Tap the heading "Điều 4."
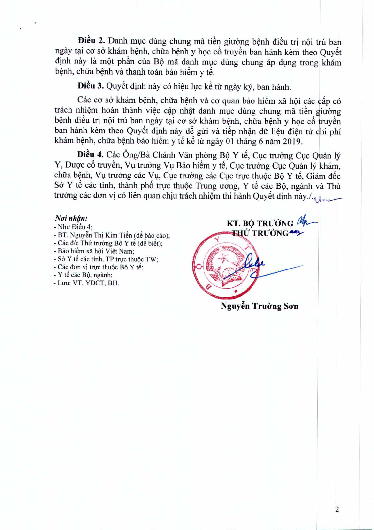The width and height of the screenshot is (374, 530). [90, 155]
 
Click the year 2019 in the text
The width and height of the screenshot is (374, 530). [292, 141]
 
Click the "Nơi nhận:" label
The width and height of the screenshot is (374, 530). [71, 218]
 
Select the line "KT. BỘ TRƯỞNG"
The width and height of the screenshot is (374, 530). [260, 223]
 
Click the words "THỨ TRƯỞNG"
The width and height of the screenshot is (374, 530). [260, 233]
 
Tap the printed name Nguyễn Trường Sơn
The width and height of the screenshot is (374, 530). [259, 306]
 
